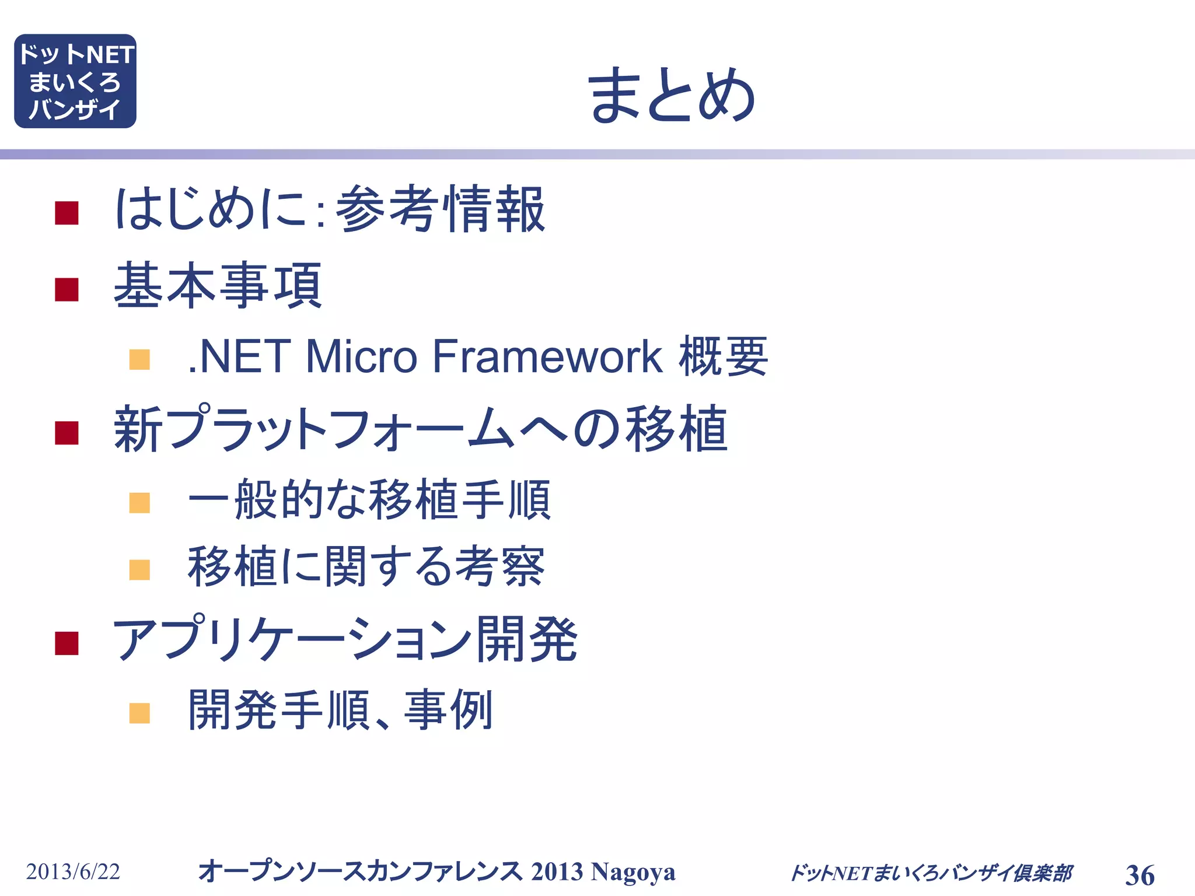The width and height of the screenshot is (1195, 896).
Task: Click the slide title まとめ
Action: [671, 94]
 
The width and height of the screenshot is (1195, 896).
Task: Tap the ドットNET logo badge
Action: [75, 81]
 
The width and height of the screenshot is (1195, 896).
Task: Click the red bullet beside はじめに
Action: [67, 213]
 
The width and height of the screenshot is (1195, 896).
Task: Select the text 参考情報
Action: [441, 209]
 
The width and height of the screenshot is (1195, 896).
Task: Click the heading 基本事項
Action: [218, 286]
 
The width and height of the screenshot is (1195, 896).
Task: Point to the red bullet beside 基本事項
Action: [67, 289]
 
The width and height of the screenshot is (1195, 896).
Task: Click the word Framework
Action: [547, 356]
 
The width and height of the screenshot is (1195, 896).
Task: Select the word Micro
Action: [361, 356]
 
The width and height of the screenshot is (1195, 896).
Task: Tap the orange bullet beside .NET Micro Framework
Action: [139, 359]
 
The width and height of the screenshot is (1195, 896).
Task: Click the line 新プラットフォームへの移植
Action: [420, 429]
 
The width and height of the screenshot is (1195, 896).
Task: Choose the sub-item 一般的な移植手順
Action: [369, 500]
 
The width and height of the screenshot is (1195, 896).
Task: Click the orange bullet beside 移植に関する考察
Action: [139, 569]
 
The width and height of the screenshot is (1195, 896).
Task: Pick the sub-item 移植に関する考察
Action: [366, 566]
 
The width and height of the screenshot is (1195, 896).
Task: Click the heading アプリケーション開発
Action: [344, 639]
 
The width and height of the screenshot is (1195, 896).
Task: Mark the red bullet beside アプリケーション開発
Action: [67, 643]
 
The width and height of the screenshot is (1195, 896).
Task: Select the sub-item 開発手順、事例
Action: [341, 710]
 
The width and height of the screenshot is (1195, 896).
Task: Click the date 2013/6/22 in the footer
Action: [73, 871]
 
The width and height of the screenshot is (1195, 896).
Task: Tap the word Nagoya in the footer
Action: [633, 871]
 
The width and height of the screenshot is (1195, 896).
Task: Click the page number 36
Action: [1140, 875]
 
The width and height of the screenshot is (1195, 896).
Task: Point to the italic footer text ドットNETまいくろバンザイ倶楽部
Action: [931, 873]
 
